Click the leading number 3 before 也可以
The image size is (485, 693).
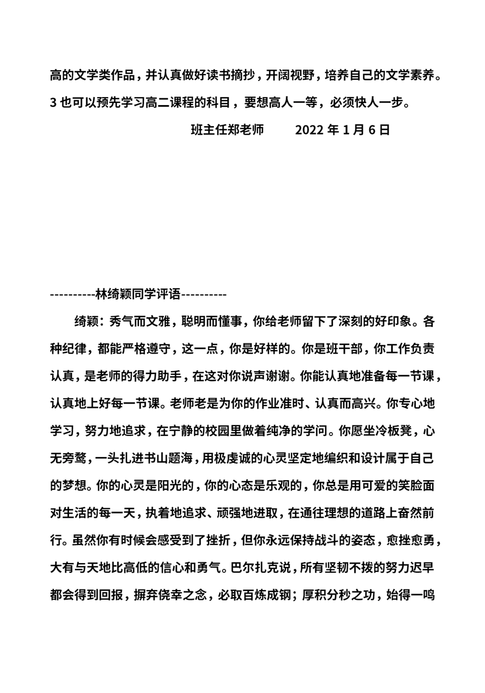coord(53,102)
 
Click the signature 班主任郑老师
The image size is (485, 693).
coord(227,130)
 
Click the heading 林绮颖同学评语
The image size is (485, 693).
coord(138,294)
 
